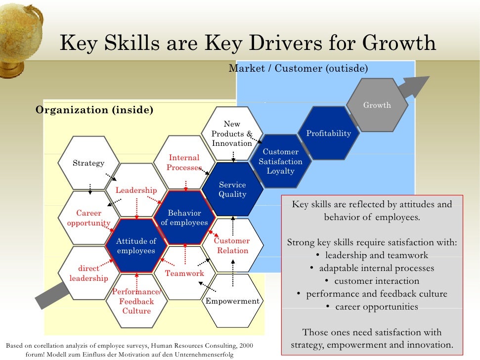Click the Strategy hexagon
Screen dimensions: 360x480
[89, 163]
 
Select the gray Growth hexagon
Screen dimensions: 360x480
[377, 105]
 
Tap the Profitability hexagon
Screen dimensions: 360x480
[329, 134]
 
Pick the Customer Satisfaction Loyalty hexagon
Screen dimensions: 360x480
[281, 162]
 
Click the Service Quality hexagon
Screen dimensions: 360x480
[232, 189]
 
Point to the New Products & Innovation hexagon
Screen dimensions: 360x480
[232, 134]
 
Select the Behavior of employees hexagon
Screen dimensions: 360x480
[184, 218]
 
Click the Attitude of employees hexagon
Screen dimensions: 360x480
[136, 246]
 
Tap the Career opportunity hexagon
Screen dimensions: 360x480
[89, 218]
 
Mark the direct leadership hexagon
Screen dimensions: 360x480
[89, 273]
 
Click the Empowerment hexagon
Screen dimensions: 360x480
[232, 301]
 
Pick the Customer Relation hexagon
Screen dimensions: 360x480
[232, 246]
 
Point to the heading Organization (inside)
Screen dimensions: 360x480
[94, 110]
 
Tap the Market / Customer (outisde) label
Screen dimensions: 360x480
[298, 69]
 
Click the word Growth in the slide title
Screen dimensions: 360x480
[399, 43]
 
